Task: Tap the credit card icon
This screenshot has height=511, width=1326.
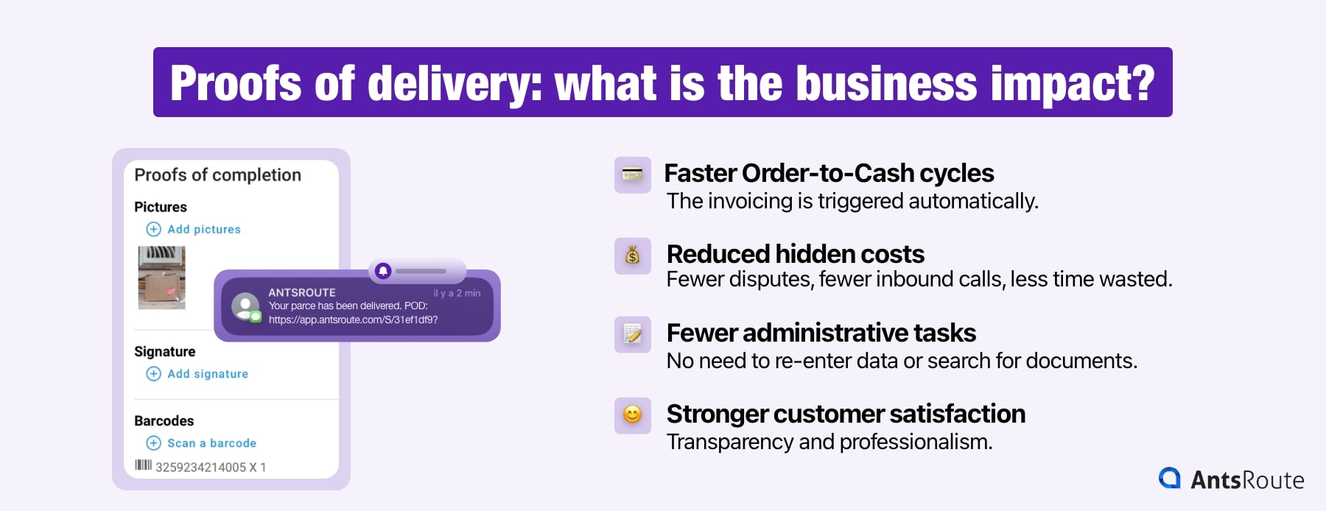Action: coord(632,175)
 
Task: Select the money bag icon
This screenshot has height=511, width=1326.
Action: coord(632,255)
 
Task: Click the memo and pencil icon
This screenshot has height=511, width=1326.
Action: coord(632,334)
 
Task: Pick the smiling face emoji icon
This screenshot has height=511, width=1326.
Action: coord(632,415)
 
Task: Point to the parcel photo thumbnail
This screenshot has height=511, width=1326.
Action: coord(162,278)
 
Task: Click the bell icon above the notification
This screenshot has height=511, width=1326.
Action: coord(383,271)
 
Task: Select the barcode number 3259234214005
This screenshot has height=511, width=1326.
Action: coord(200,467)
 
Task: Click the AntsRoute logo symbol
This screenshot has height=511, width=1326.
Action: coord(1169,479)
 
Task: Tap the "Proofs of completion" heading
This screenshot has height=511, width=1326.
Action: coord(217,175)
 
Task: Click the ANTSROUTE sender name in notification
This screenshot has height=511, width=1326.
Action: coord(301,292)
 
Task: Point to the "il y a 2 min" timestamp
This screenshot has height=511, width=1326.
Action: coord(457,293)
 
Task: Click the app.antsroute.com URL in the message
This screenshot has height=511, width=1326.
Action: coord(353,320)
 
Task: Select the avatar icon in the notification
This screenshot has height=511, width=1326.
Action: coord(245,306)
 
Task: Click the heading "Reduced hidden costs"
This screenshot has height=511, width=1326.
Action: coord(795,254)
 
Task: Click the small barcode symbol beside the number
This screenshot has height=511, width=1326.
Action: coord(143,465)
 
